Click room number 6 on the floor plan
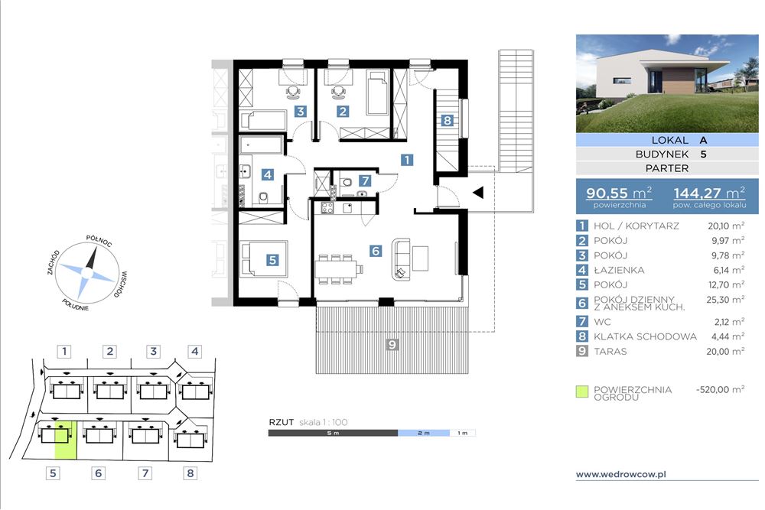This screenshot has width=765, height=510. tap(375, 251)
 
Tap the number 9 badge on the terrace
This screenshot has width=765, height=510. tap(392, 345)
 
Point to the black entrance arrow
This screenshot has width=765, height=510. tap(478, 192)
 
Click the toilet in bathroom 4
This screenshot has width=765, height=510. tap(263, 197)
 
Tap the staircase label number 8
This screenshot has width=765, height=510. tap(448, 121)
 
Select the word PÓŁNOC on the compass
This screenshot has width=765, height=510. tap(99, 240)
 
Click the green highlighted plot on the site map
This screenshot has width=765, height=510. tap(65, 440)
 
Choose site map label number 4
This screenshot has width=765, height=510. tap(194, 351)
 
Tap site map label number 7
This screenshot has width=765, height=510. tap(145, 473)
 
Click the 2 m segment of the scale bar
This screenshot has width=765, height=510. tap(424, 433)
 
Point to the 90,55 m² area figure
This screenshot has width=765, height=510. tap(619, 193)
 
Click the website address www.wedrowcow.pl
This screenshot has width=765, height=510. tap(621, 474)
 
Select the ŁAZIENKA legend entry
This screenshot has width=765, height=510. tap(619, 270)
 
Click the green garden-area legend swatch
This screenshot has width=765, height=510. tap(582, 391)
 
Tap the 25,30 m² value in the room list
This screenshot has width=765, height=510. tap(725, 300)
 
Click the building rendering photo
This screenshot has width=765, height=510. tap(667, 83)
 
